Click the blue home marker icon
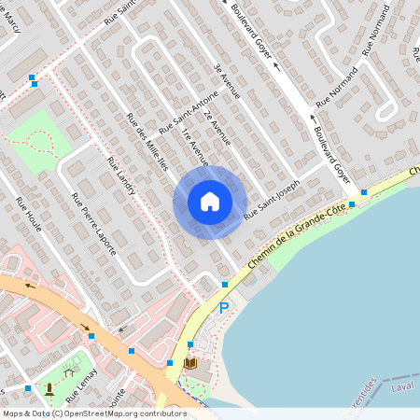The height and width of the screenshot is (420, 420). point(210,202)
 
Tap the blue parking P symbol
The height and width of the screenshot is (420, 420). point(223,307)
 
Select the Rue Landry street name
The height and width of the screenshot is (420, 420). point(121,175)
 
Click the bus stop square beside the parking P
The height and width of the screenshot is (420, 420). point(224,284)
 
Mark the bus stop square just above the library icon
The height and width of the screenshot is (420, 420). point(190,344)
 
